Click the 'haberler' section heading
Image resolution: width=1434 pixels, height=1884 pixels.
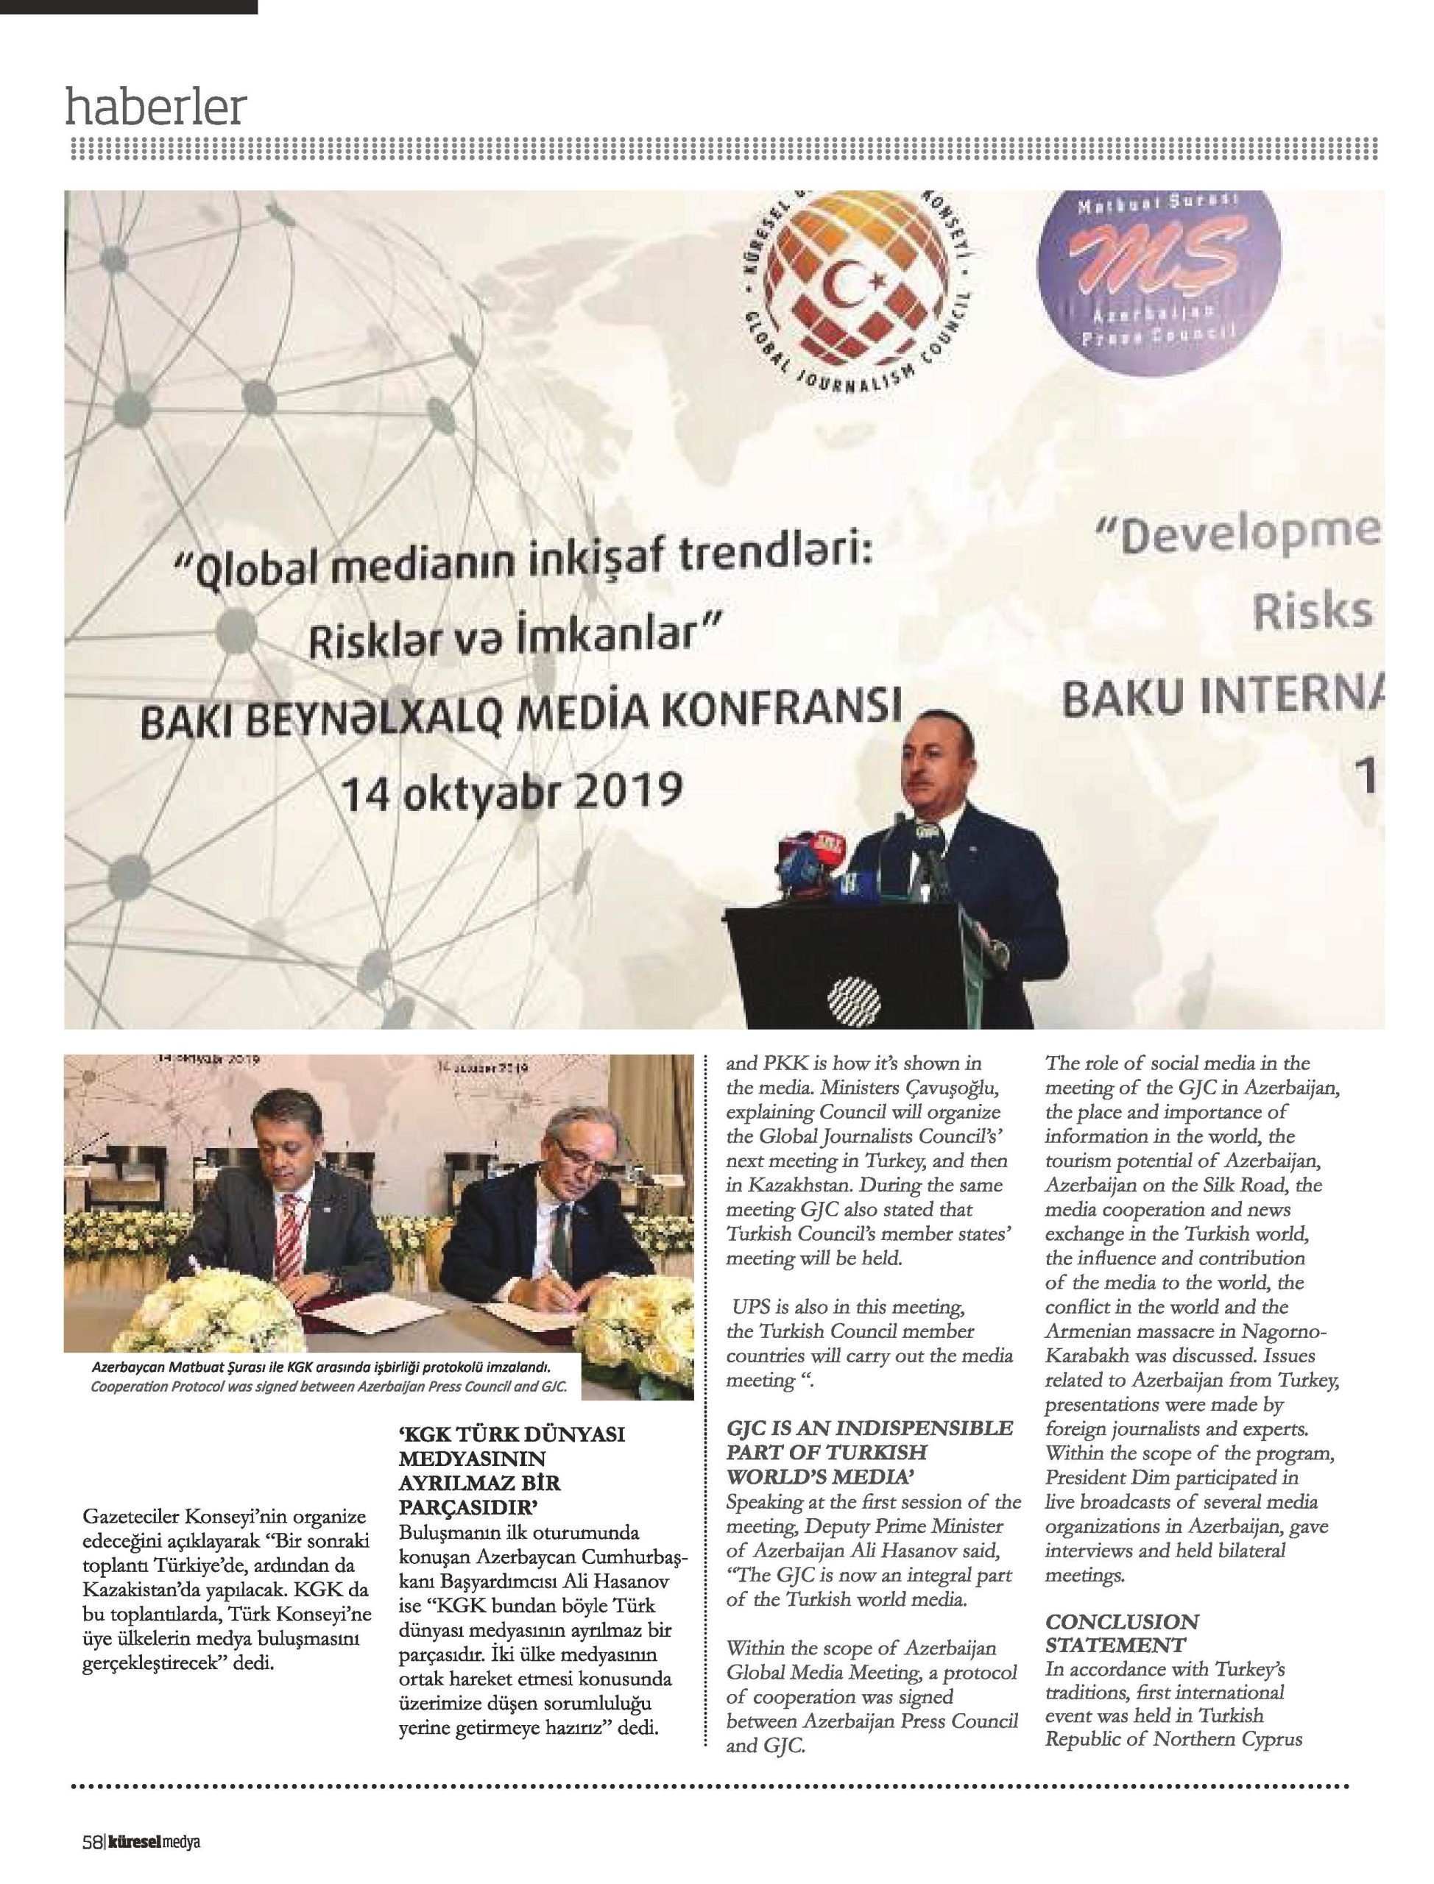[x=156, y=107]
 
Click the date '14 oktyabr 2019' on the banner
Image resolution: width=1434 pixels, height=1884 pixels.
[x=512, y=792]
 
